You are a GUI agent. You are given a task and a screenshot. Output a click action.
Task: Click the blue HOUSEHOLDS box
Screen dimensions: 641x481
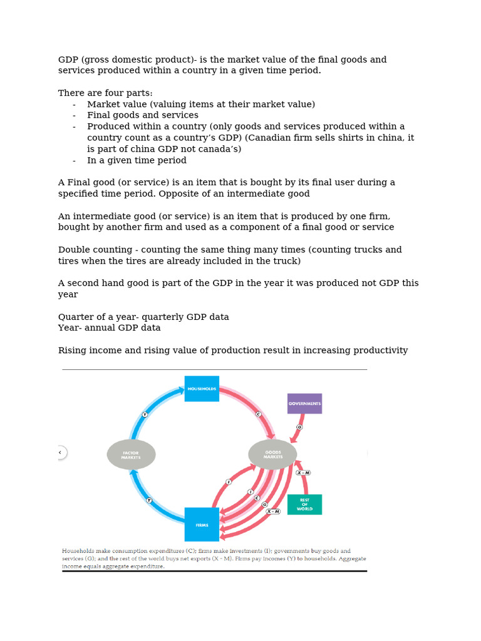(x=202, y=389)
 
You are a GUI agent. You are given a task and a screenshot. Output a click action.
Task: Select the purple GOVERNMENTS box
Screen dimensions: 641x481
(x=304, y=404)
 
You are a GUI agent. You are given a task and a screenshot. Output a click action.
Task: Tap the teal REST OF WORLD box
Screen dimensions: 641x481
(x=304, y=505)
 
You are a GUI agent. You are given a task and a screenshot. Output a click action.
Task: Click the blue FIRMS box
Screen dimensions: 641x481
(x=202, y=525)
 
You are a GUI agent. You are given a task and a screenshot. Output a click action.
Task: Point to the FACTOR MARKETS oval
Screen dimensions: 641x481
(x=131, y=454)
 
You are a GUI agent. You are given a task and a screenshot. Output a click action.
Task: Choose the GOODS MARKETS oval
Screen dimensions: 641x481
(x=272, y=454)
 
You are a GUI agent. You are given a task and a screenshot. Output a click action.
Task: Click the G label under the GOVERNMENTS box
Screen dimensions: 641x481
(x=299, y=426)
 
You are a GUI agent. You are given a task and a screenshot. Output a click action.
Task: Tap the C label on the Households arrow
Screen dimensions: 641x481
(x=258, y=414)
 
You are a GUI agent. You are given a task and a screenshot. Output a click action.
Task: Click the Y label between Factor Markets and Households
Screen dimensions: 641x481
(x=145, y=414)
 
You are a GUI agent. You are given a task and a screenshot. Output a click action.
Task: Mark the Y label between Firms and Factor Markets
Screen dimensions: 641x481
(x=149, y=500)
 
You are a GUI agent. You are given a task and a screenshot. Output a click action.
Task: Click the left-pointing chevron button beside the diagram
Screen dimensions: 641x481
(x=60, y=452)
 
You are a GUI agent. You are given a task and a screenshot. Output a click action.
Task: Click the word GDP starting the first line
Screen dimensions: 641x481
(x=68, y=59)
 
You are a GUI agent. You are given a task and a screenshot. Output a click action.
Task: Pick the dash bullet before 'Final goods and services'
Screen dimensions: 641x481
(x=75, y=115)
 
